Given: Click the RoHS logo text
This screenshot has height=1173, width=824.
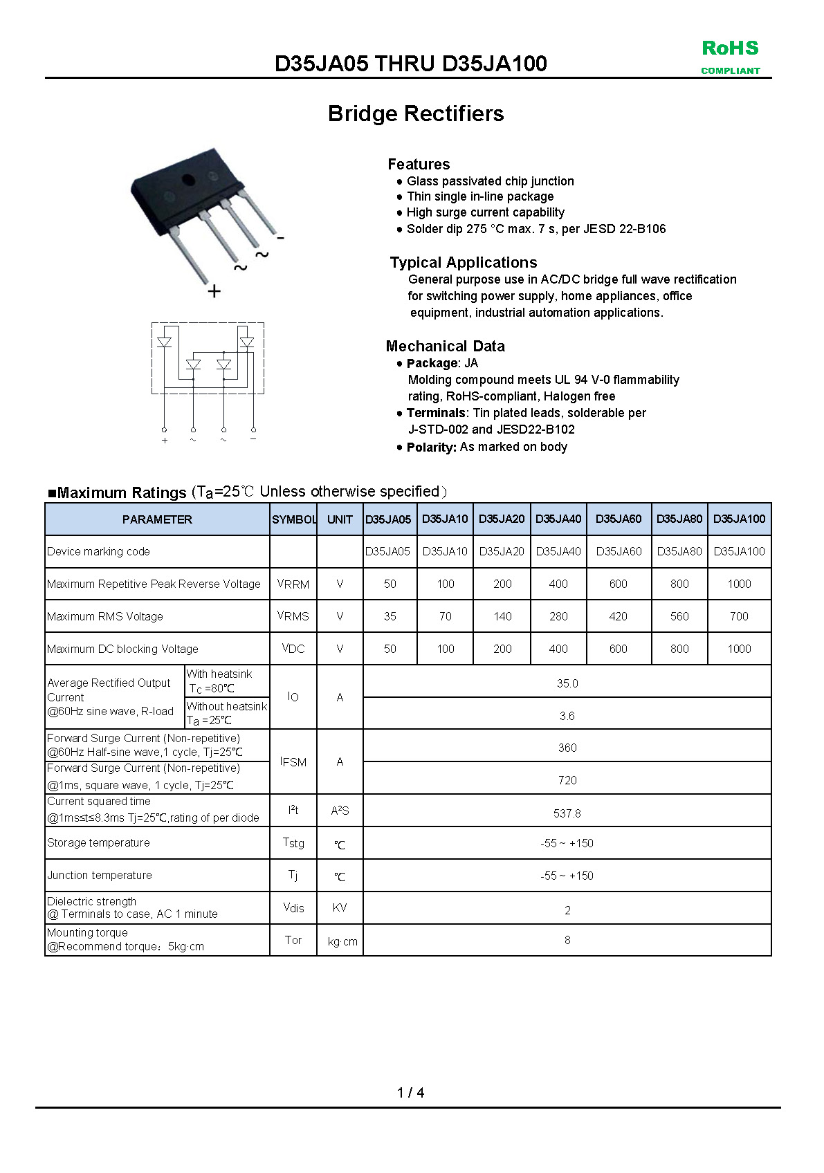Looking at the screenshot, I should [730, 48].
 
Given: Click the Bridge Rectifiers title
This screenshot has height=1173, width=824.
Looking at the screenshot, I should [416, 113].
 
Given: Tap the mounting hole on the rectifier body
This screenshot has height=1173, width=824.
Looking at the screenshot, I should [188, 181].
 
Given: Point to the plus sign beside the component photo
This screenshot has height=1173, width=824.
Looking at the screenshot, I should [214, 291].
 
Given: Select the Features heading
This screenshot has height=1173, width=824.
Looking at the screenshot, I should [419, 164].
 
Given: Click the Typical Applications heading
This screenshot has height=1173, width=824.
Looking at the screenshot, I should [463, 262].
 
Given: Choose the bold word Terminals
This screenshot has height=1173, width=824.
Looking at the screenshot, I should [436, 413].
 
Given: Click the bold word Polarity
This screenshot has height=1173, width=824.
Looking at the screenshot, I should [431, 447].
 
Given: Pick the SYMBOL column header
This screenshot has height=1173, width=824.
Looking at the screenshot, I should [293, 519].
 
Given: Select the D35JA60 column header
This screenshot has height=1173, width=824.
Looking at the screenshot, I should [619, 519].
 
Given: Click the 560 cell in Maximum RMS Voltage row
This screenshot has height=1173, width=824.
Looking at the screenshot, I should [679, 616].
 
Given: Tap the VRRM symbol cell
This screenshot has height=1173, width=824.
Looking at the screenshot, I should [293, 584].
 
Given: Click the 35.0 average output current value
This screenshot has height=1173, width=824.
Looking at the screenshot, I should [567, 683].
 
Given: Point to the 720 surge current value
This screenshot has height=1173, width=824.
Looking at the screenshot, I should [567, 780].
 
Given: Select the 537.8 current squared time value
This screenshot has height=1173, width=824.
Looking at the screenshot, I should [567, 813].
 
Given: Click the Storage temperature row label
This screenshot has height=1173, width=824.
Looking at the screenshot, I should [98, 843].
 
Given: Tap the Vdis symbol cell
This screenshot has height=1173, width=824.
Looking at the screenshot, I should [293, 908].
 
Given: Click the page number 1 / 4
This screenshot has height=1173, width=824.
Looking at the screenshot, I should [411, 1093].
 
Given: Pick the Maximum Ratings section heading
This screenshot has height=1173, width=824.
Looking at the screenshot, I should [122, 492].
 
